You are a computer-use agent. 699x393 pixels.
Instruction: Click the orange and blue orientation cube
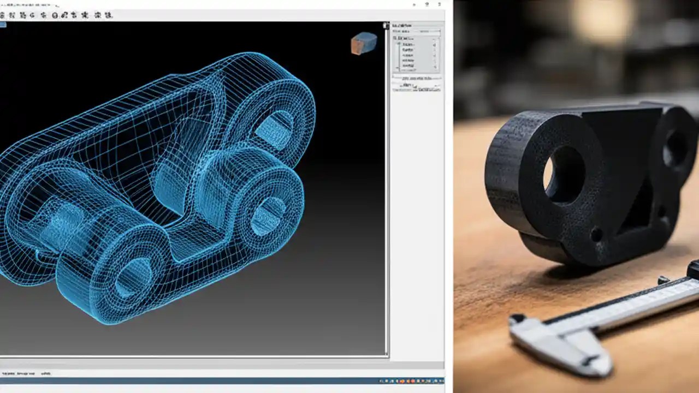pos(364,43)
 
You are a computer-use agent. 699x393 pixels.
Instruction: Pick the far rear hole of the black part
pos(677,147)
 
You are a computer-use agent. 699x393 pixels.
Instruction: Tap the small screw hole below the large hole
pos(596,236)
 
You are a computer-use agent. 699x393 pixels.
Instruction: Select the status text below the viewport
pos(25,374)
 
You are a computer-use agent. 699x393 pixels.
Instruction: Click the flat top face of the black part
pos(628,109)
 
